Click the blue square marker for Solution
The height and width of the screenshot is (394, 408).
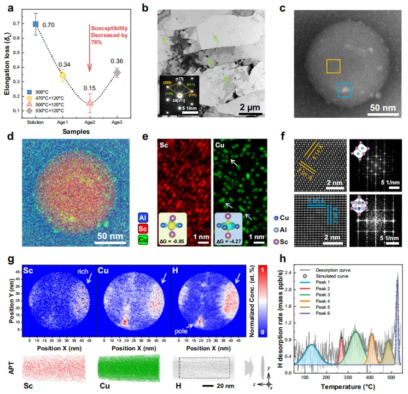pyautogui.click(x=36, y=24)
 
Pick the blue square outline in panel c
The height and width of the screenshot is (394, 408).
pyautogui.click(x=344, y=90)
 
